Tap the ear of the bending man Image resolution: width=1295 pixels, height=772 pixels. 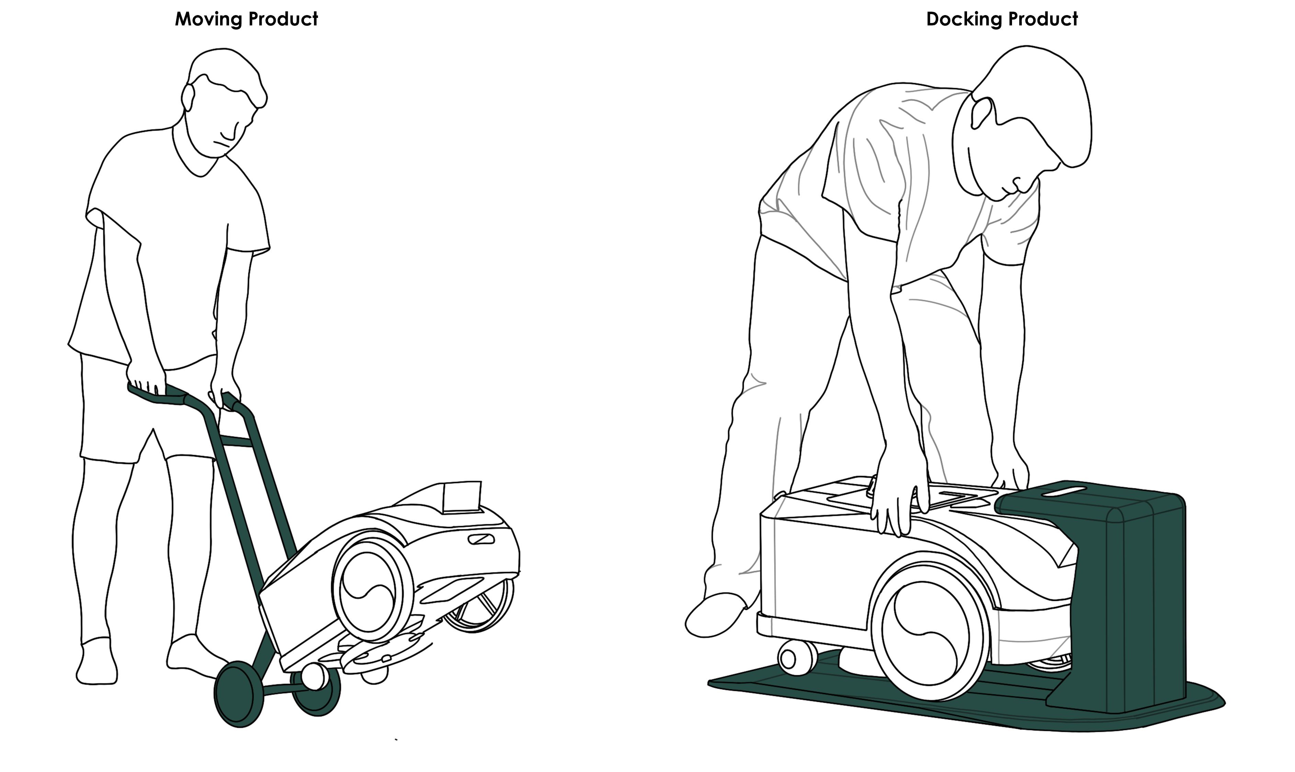click(982, 113)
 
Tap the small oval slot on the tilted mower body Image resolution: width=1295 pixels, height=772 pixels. click(481, 539)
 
